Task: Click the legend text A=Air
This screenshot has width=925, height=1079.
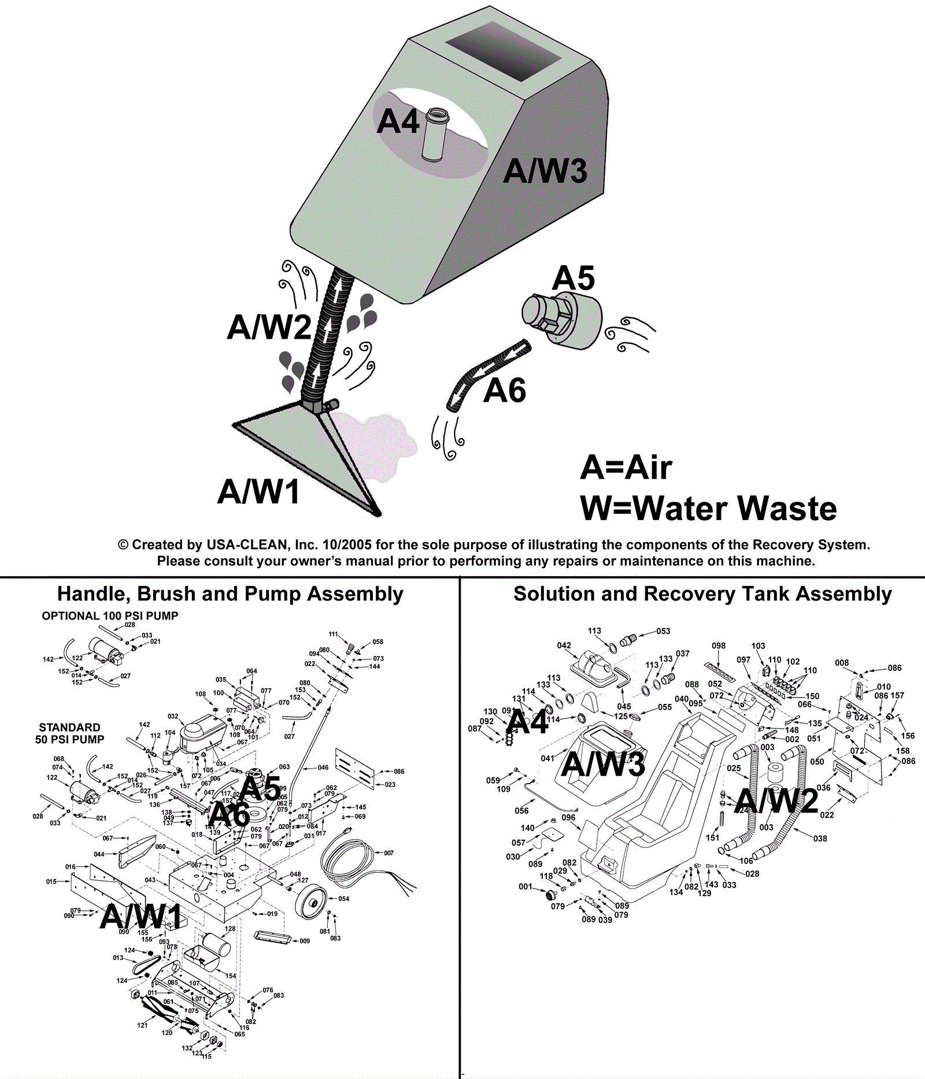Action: coord(626,468)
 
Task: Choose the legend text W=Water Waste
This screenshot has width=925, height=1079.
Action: coord(708,509)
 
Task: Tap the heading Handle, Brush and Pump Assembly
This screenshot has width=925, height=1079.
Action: coord(230,594)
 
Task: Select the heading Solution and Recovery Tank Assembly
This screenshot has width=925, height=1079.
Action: coord(702,594)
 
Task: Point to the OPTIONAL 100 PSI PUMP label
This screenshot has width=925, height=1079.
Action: coord(110,616)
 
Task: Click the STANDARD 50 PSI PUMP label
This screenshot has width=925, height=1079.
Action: coord(69,733)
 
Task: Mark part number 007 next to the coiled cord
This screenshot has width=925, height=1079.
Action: coord(388,853)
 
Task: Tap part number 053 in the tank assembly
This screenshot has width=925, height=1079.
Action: coord(663,631)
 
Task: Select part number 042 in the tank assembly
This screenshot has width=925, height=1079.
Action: coord(564,646)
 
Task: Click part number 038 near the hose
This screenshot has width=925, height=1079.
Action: coord(820,839)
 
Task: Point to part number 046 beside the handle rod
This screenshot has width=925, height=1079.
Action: coord(323,767)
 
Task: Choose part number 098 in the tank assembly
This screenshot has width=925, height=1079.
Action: coord(719,646)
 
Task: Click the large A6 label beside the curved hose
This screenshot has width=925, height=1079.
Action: coord(505,391)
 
